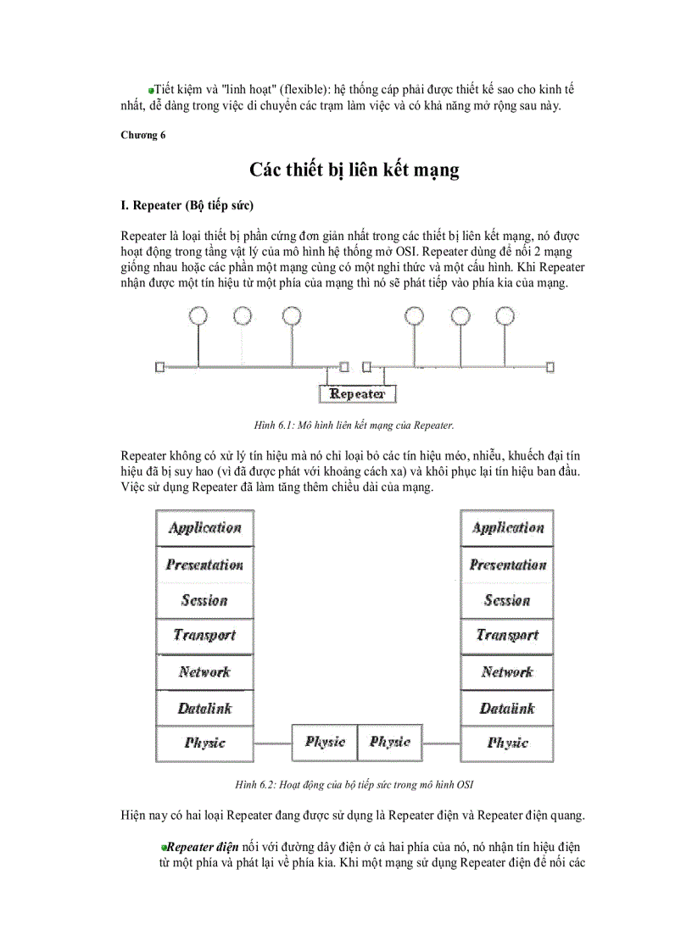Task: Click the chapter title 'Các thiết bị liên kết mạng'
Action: click(354, 170)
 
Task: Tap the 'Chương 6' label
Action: click(142, 135)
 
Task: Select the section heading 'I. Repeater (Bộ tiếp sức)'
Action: click(187, 206)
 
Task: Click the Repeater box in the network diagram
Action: click(357, 394)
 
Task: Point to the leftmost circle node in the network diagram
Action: click(198, 316)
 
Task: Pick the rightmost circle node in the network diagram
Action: click(505, 316)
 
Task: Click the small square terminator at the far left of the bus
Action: click(159, 367)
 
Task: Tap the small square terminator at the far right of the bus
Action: click(550, 367)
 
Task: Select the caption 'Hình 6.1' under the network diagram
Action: click(354, 424)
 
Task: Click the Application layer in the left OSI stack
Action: click(204, 528)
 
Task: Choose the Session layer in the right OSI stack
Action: click(506, 600)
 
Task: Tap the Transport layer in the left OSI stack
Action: click(204, 636)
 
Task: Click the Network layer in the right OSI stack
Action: click(506, 672)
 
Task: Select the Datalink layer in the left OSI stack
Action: click(204, 708)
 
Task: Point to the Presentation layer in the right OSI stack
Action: click(506, 565)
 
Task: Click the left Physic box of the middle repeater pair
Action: click(325, 743)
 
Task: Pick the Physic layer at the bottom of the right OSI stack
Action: click(506, 743)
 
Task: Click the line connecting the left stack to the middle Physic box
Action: click(272, 743)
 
